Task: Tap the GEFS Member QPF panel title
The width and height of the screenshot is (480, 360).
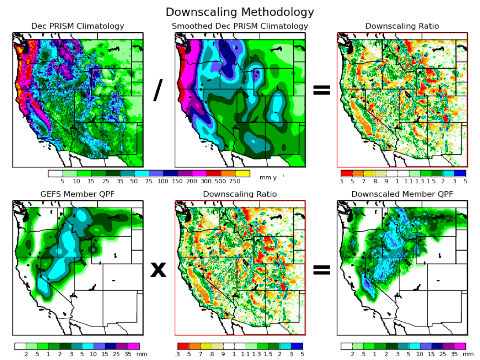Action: (x=78, y=194)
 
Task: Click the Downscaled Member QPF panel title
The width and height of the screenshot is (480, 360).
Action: (x=402, y=194)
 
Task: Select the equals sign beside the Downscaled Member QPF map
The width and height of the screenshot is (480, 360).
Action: (x=321, y=270)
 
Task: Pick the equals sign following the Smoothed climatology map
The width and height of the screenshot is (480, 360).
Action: (x=321, y=90)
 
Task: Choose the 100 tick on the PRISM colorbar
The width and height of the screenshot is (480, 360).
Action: (x=163, y=181)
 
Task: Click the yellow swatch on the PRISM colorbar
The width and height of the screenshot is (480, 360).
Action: (x=243, y=174)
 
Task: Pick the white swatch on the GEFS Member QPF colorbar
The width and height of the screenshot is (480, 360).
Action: (x=20, y=346)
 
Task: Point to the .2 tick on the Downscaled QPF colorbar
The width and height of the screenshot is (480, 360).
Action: (x=352, y=354)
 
